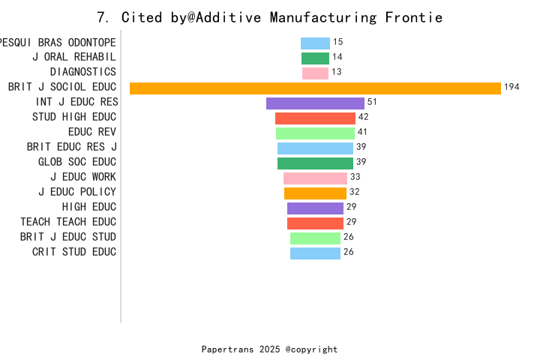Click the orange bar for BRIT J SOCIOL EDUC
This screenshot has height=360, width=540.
click(315, 88)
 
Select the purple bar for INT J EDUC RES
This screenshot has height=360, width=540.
click(315, 103)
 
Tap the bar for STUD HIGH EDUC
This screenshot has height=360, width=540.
click(315, 118)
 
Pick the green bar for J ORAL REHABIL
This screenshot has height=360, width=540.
click(315, 58)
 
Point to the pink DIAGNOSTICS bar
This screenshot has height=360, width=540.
click(315, 73)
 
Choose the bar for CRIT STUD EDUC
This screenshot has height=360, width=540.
click(315, 253)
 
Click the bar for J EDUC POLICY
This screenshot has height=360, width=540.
click(315, 193)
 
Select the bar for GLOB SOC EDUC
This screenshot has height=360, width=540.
click(315, 163)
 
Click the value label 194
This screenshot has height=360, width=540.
click(511, 87)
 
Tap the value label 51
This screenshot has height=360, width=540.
click(372, 102)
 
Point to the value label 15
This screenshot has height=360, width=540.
click(338, 42)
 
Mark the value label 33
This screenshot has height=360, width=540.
click(355, 177)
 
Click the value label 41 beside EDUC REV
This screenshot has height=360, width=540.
click(362, 132)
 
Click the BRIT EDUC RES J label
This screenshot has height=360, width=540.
click(71, 147)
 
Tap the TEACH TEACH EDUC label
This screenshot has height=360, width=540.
click(68, 222)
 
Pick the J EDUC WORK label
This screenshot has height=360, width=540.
click(83, 177)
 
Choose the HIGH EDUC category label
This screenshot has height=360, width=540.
click(89, 207)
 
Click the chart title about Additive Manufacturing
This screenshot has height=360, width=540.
click(270, 17)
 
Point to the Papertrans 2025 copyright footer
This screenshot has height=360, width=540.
click(270, 349)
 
